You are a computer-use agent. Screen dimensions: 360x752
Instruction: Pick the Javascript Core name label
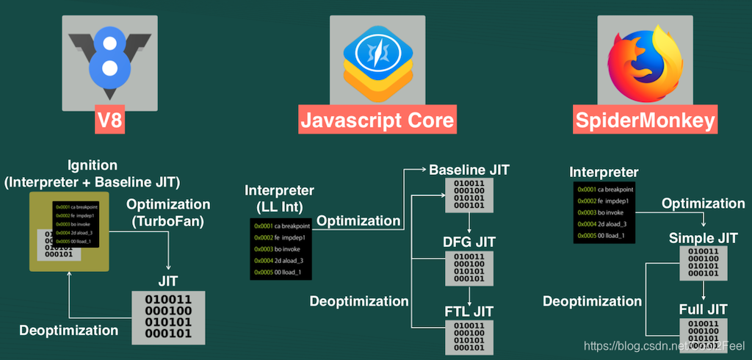tap(375, 120)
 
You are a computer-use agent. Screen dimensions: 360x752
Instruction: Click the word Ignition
tap(93, 165)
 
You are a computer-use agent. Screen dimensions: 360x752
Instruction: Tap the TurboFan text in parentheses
tap(167, 220)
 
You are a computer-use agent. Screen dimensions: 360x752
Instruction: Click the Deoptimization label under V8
tap(68, 330)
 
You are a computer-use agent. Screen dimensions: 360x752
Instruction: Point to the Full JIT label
tap(703, 309)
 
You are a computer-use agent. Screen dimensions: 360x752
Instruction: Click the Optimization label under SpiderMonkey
tap(704, 204)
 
